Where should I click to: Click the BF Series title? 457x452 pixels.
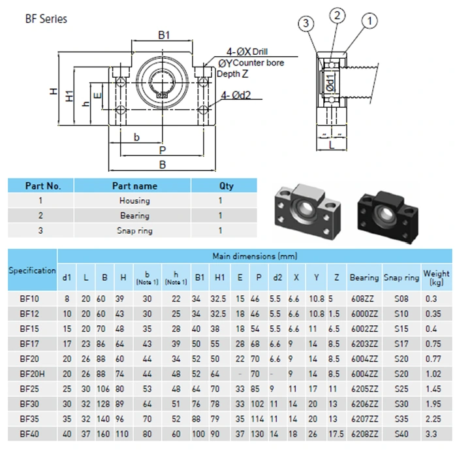pos(46,19)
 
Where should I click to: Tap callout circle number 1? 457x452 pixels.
pos(370,21)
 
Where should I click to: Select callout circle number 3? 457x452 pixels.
pos(306,23)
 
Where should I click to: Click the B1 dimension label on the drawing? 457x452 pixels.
pos(163,35)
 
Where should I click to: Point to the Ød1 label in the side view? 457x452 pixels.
pos(330,82)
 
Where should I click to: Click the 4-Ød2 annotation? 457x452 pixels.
pos(236,95)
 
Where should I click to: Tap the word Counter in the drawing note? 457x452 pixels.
pos(247,63)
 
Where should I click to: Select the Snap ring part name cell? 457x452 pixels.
pos(134,231)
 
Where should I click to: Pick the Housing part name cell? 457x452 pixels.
pos(134,201)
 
